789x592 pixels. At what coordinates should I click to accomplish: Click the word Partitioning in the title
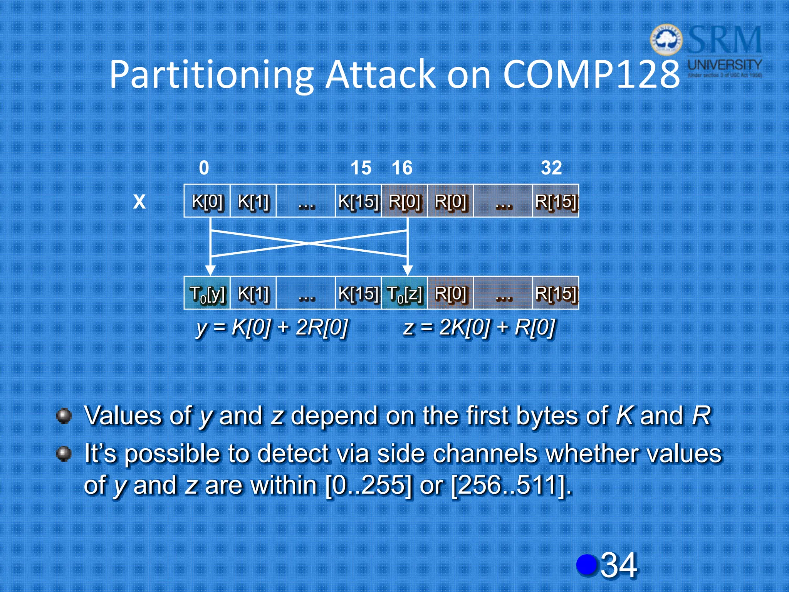pos(211,75)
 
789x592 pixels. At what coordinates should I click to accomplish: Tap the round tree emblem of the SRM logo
pos(666,40)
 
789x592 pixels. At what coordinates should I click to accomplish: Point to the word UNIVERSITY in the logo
pos(725,64)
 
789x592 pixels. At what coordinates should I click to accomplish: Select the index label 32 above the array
pos(551,168)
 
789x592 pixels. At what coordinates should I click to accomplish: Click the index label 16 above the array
pos(402,168)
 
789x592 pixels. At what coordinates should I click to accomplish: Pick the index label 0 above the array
pos(204,168)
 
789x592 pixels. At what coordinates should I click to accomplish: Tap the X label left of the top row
pos(139,201)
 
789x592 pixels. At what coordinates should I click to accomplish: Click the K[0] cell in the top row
pos(207,201)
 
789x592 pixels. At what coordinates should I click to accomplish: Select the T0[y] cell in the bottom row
pos(207,293)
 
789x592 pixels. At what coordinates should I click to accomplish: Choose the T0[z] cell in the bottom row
pos(404,293)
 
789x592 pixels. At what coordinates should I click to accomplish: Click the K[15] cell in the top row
pos(358,201)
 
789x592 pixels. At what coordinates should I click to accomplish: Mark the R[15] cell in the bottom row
pos(556,293)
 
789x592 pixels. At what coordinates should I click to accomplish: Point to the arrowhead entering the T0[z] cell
pos(407,270)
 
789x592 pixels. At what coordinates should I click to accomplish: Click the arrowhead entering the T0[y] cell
pos(210,270)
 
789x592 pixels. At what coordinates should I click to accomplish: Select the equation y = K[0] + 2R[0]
pos(272,328)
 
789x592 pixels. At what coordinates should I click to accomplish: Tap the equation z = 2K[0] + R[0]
pos(479,328)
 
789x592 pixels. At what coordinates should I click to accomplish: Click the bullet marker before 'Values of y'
pos(64,416)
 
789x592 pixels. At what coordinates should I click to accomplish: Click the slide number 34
pos(619,565)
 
